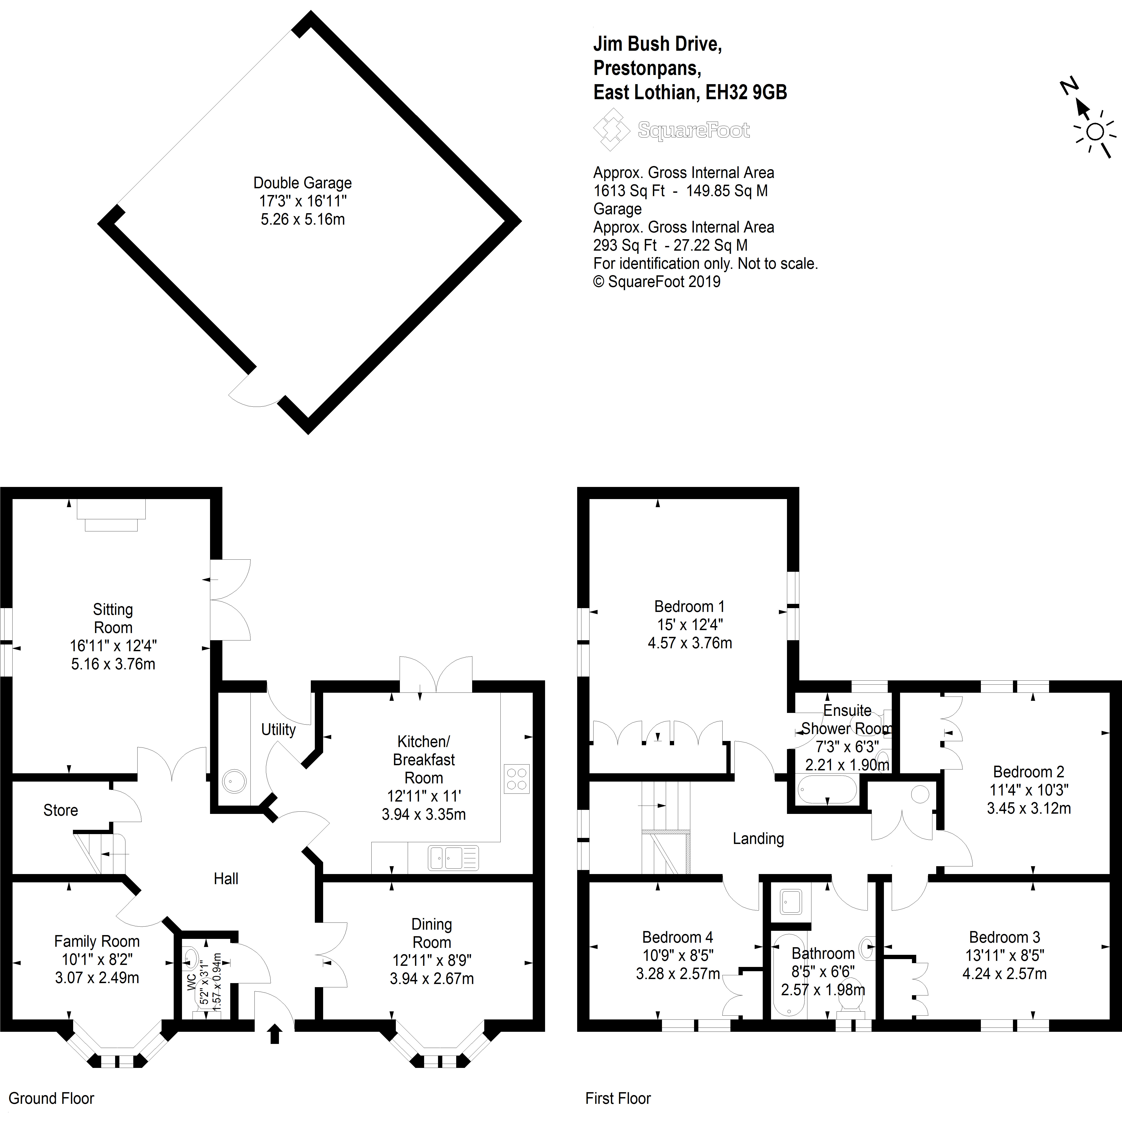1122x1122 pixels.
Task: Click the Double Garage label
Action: pyautogui.click(x=302, y=183)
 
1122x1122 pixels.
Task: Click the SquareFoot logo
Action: pyautogui.click(x=671, y=130)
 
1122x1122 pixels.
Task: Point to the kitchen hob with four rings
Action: pyautogui.click(x=516, y=778)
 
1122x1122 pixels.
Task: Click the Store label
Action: pyautogui.click(x=60, y=810)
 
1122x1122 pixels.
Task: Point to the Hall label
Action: pyautogui.click(x=226, y=879)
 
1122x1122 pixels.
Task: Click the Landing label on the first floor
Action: pyautogui.click(x=758, y=839)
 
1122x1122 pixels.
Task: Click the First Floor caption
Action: pyautogui.click(x=618, y=1098)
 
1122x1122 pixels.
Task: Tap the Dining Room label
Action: pyautogui.click(x=432, y=933)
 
